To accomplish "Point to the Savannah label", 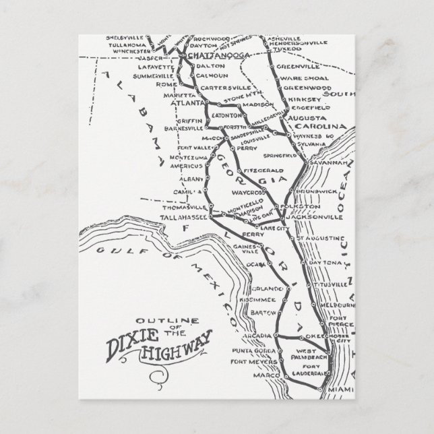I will [x=323, y=163].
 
